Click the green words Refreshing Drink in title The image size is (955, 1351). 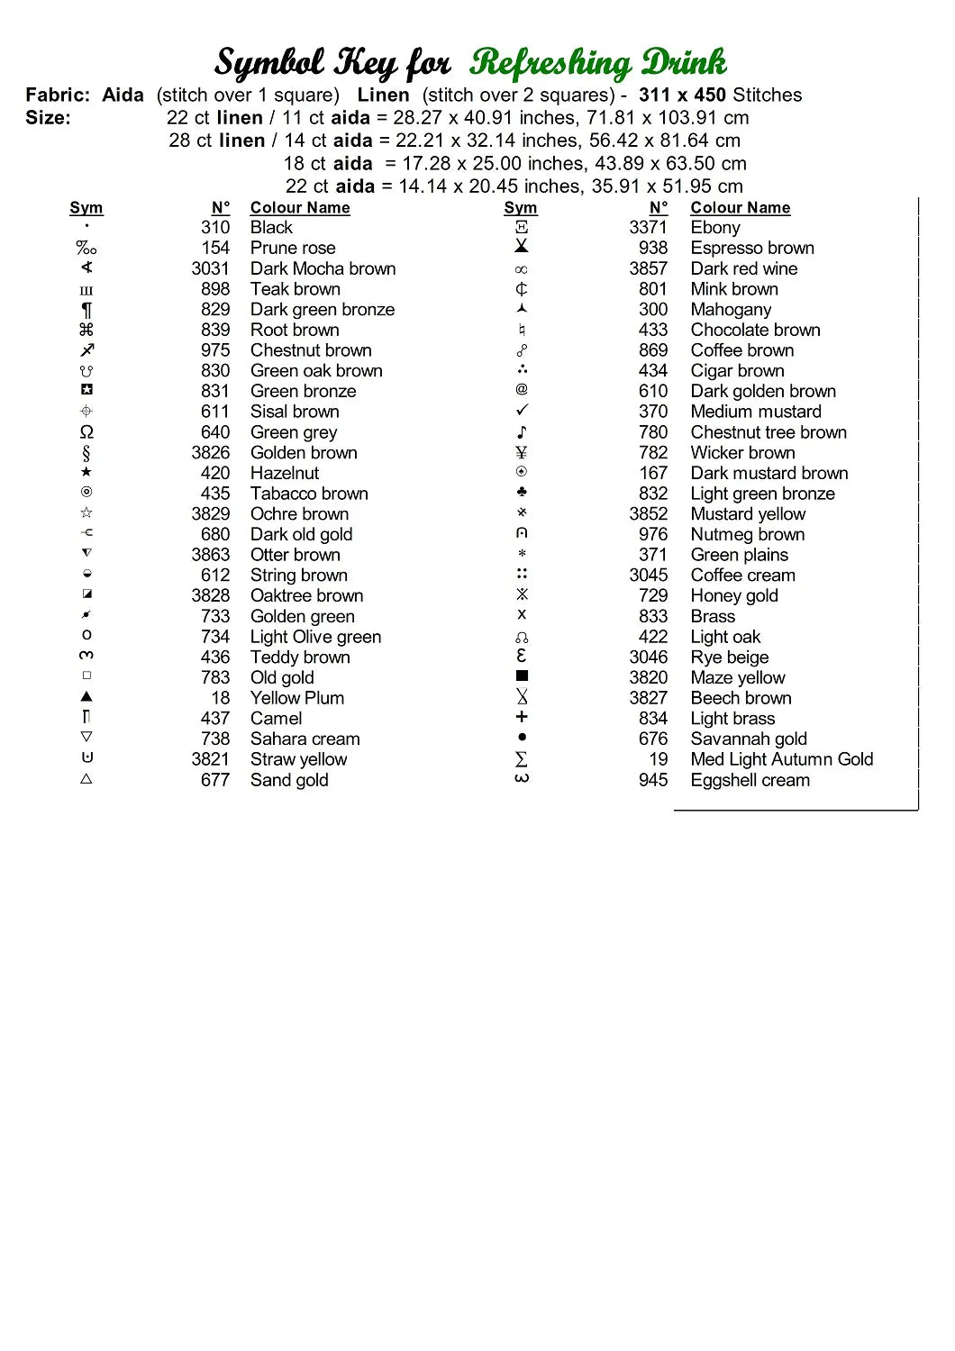click(597, 63)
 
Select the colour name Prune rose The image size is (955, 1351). click(293, 248)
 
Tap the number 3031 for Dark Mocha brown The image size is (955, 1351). click(210, 268)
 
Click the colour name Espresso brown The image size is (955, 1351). click(752, 248)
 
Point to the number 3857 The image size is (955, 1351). click(648, 268)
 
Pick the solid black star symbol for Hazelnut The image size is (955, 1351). click(86, 472)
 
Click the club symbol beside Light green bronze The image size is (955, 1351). click(522, 492)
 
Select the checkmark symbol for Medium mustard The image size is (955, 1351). click(522, 410)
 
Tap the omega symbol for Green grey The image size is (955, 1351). click(86, 432)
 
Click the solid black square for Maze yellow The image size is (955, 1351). click(522, 675)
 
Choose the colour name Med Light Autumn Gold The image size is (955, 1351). click(782, 759)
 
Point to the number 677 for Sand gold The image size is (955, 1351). click(215, 780)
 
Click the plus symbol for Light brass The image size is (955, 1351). click(522, 717)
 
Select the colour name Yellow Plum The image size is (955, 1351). click(297, 698)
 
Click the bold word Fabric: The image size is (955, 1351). click(58, 95)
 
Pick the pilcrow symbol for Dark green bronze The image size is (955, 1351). click(86, 310)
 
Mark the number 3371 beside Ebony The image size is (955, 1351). click(648, 227)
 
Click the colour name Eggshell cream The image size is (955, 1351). click(750, 780)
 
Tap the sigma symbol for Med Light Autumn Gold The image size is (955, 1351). click(522, 759)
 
